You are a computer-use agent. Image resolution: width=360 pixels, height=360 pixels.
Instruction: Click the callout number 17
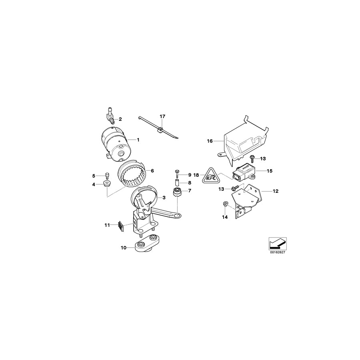point(162,116)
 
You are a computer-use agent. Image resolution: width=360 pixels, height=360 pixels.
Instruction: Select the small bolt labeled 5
point(107,175)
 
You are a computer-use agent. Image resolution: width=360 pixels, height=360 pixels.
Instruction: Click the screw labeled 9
point(177,174)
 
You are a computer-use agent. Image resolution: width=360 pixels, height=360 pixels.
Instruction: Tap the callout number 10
point(124,248)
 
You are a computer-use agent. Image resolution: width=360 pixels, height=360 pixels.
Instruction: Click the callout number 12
point(276,191)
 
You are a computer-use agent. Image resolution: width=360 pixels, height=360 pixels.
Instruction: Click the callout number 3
point(163,198)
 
